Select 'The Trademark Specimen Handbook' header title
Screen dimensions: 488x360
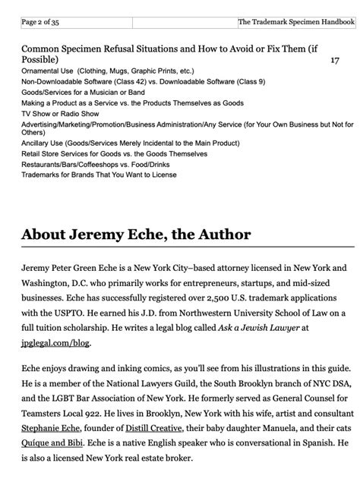296,23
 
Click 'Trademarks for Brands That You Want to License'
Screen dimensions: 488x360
99,175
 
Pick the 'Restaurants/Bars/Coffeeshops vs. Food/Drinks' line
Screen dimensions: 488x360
99,164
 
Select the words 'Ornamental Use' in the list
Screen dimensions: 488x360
48,70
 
